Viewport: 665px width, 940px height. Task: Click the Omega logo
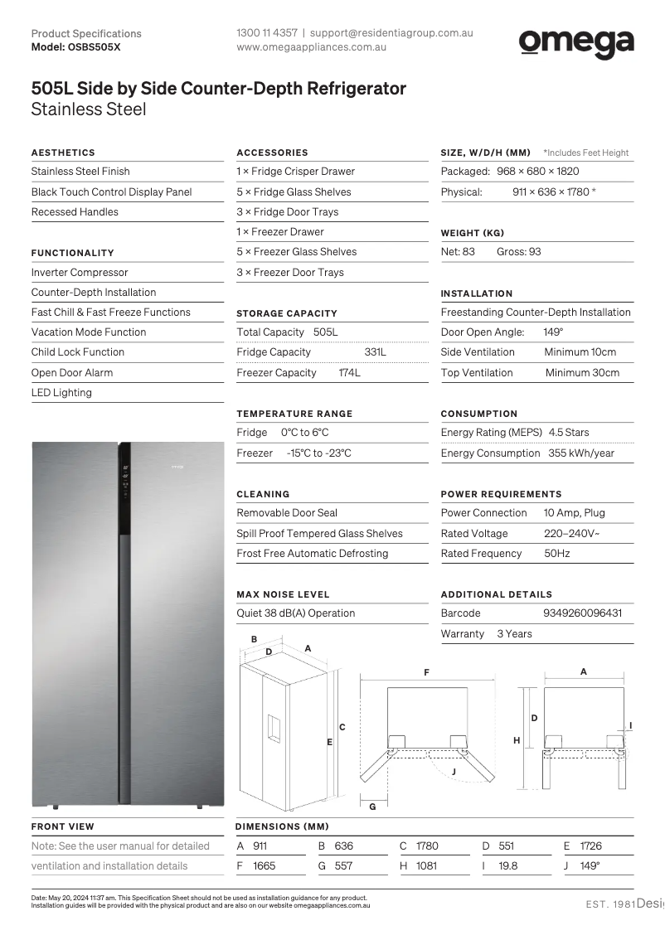point(576,43)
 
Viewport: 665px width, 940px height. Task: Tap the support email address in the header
point(391,33)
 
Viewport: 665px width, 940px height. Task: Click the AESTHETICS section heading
point(63,153)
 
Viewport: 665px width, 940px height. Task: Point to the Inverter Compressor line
point(80,273)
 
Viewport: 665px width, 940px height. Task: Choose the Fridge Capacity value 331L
point(375,352)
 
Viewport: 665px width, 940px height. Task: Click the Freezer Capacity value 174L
point(349,373)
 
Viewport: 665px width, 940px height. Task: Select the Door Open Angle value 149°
point(553,332)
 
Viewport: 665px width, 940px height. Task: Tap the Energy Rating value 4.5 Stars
point(569,433)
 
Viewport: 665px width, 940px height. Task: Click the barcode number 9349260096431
point(582,613)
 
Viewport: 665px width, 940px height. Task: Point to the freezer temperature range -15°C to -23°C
point(318,453)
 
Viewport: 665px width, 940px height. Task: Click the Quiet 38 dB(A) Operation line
point(296,613)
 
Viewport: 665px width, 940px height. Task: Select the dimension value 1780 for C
point(427,846)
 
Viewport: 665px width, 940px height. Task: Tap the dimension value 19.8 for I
point(508,866)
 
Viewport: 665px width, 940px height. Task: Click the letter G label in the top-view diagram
point(372,807)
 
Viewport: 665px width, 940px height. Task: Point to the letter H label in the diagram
point(517,740)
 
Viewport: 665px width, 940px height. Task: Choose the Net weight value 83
point(468,252)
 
